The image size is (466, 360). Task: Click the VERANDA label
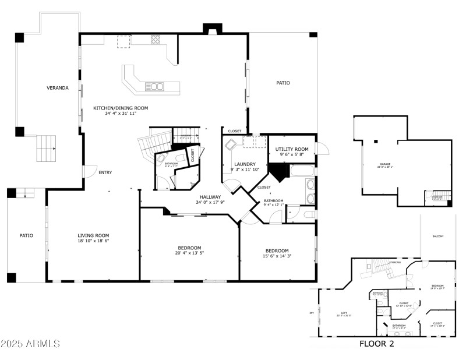click(58, 88)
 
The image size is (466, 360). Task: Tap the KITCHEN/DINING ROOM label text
click(121, 108)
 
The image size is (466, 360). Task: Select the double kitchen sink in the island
click(154, 87)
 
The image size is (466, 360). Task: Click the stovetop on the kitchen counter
click(156, 40)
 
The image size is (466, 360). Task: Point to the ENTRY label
click(105, 172)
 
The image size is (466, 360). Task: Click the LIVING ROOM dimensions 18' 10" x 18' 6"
click(94, 241)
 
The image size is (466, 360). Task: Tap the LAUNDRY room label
click(245, 164)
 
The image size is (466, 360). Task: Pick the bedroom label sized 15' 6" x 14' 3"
click(277, 250)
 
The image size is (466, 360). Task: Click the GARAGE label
click(386, 165)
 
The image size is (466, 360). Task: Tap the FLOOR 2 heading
click(376, 344)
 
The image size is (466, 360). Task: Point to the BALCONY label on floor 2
click(437, 236)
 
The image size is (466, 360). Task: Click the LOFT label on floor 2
click(344, 313)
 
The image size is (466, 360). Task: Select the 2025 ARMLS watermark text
click(30, 344)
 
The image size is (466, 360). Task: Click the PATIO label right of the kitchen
click(283, 83)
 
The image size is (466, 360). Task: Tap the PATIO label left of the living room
click(26, 236)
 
